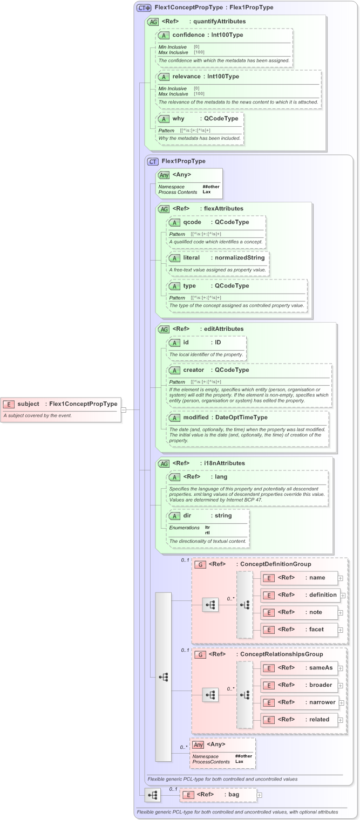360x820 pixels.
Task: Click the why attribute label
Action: tap(178, 118)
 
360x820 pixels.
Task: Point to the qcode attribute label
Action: tap(193, 222)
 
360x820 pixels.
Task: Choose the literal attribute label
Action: tap(192, 258)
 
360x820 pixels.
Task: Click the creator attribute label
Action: tap(193, 370)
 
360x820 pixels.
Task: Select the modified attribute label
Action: tap(195, 417)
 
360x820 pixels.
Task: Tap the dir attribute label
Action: tap(187, 516)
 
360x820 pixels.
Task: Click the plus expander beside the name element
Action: tap(340, 578)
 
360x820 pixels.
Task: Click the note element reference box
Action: tap(299, 612)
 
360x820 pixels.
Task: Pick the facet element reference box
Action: tap(299, 629)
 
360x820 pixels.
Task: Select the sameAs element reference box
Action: tap(299, 668)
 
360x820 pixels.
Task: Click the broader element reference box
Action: tap(299, 685)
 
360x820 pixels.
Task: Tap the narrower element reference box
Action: tap(299, 702)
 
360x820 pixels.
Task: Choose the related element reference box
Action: tap(299, 719)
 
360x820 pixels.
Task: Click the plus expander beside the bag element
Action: tap(260, 795)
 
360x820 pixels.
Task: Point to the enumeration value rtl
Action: tap(207, 532)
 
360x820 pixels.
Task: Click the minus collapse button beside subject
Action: tap(124, 409)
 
